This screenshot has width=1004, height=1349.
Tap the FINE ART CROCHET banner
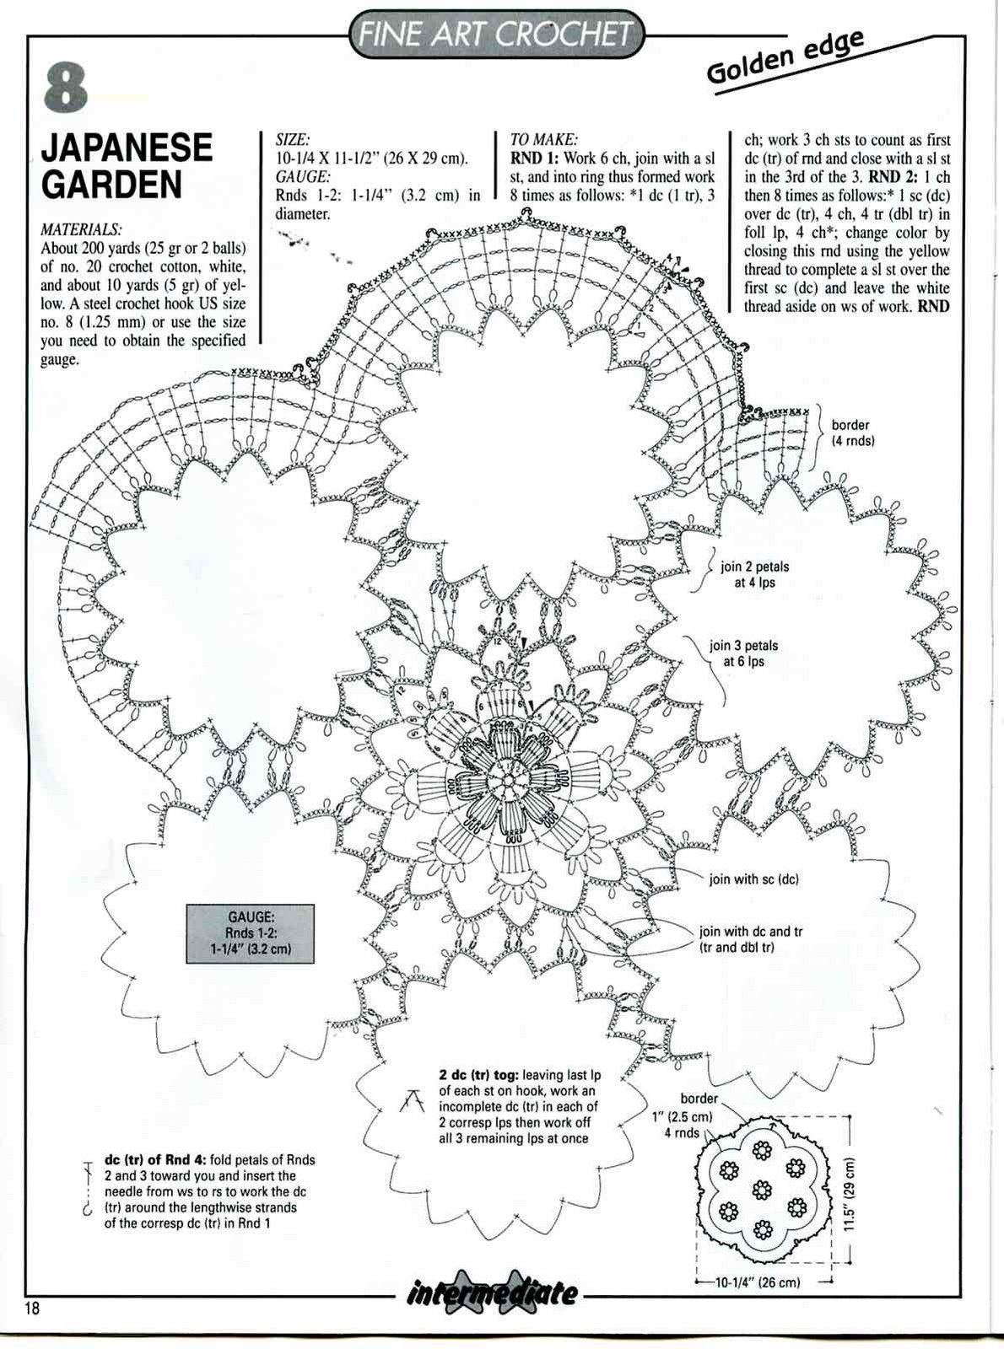(496, 34)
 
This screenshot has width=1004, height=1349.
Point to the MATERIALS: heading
(81, 230)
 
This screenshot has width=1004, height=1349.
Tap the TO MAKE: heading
(543, 140)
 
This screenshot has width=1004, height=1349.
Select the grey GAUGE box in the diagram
(251, 933)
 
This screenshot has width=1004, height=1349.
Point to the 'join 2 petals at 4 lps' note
(754, 574)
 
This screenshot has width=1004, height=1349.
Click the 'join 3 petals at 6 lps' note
(743, 653)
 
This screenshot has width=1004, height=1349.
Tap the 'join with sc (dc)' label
(753, 879)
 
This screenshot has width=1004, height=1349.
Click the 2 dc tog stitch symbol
(412, 1099)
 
